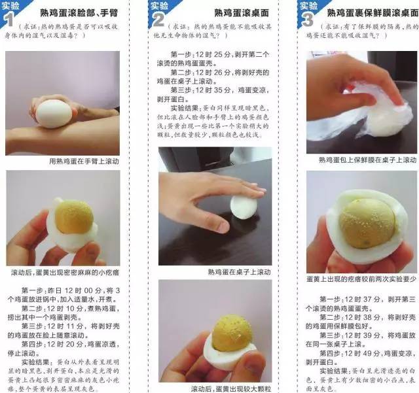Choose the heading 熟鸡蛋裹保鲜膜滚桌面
(373, 12)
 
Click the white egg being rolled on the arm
(53, 112)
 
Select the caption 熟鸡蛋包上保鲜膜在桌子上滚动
(367, 160)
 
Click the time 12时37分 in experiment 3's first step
(359, 299)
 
